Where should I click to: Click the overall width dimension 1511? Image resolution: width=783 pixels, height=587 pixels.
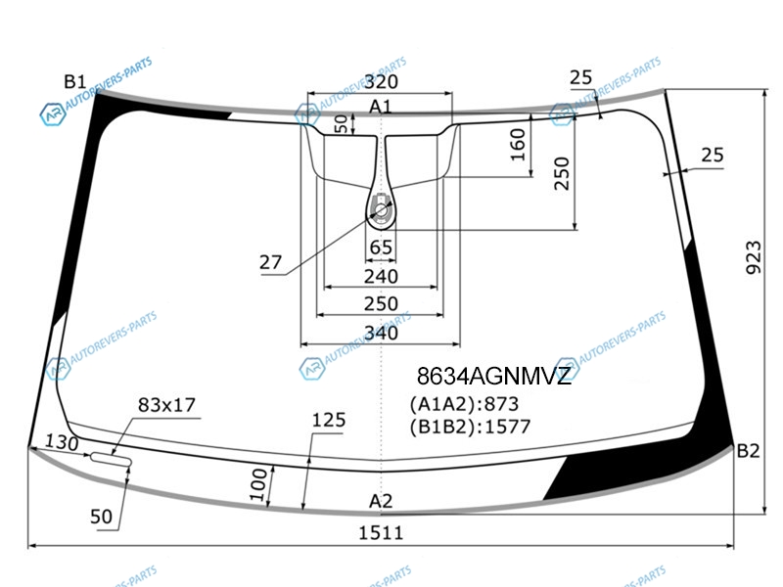381,533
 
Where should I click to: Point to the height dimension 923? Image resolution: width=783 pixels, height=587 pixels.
754,257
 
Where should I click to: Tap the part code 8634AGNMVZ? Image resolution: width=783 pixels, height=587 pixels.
494,376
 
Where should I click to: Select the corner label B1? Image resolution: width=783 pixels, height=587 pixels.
75,81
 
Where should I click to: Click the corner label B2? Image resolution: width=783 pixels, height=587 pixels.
748,451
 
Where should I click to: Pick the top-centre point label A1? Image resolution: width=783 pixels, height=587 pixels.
381,107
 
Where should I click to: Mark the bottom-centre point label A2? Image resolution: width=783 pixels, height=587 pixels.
381,501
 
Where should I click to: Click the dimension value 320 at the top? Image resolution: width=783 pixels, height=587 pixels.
381,82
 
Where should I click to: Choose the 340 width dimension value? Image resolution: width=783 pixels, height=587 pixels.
381,333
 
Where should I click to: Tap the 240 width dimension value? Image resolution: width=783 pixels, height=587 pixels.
381,276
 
